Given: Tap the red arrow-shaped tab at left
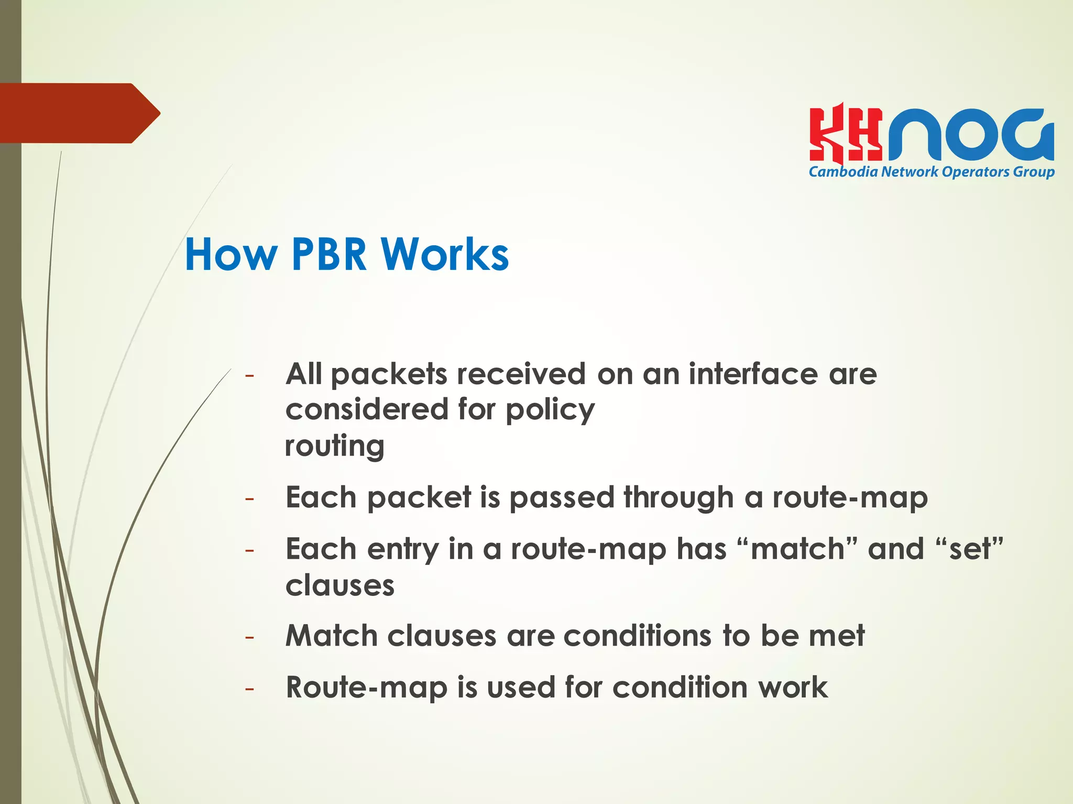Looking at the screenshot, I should tap(79, 113).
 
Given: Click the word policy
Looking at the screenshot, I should tap(550, 410).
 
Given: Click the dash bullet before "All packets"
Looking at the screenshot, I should tap(249, 376).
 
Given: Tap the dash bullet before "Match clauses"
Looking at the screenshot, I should tap(249, 637).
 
